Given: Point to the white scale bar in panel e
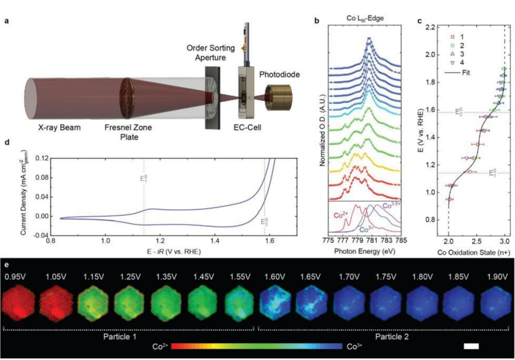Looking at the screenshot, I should [470, 343].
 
